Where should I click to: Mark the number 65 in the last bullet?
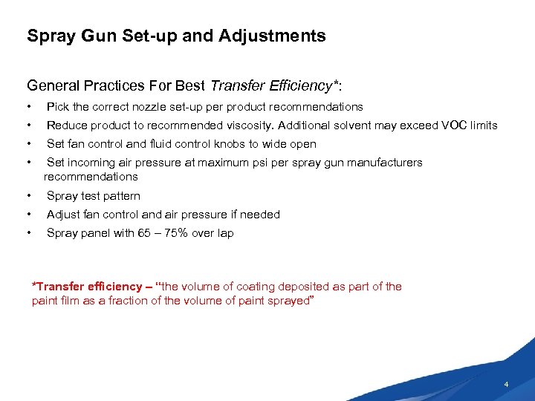coord(143,233)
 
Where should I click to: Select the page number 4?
coord(506,385)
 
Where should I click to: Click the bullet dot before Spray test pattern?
coord(28,196)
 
